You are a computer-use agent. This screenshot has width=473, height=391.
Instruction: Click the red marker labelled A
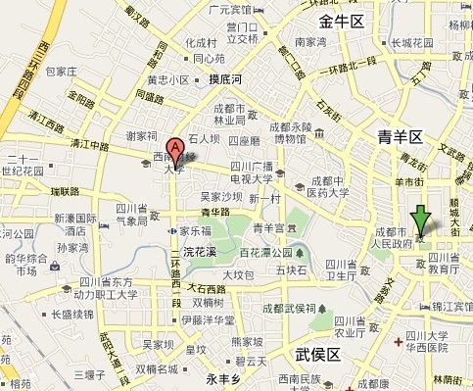[175, 150]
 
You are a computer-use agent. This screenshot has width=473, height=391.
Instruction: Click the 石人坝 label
[207, 138]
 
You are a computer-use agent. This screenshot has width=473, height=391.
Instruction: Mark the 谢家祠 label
[142, 136]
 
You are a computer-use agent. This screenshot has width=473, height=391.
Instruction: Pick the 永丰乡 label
[223, 376]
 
